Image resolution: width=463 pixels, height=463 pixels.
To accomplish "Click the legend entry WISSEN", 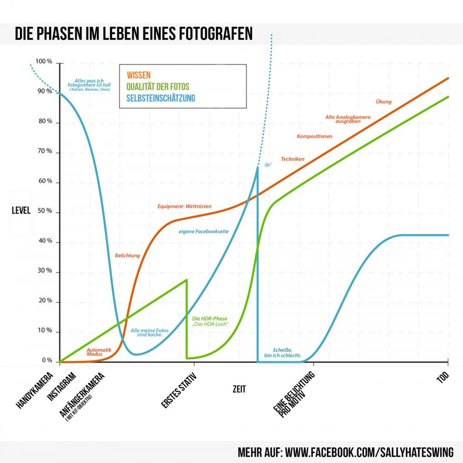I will [139, 75].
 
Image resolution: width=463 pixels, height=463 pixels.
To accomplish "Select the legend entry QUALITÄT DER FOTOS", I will [158, 86].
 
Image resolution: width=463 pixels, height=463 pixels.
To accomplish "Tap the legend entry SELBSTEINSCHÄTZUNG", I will [161, 98].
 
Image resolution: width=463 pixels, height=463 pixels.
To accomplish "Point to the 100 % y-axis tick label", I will [44, 62].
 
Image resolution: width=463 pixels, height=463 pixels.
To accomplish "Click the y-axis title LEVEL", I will [21, 211].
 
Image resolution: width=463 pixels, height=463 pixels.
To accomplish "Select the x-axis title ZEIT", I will [239, 389].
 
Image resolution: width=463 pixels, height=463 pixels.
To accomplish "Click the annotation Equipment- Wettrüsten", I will [184, 206].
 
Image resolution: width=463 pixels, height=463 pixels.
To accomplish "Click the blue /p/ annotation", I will [268, 164].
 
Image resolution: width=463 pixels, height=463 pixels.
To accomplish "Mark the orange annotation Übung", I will [383, 101].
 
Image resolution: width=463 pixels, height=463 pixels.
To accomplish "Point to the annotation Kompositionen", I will [314, 136].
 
